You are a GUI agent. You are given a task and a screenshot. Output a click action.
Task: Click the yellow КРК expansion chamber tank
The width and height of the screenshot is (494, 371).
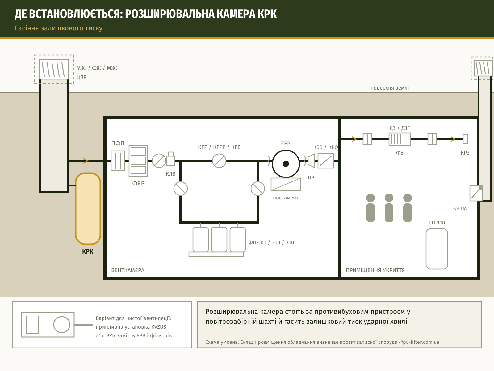pyautogui.click(x=88, y=208)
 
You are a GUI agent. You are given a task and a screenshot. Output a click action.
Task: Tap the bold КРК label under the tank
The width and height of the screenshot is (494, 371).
pyautogui.click(x=88, y=251)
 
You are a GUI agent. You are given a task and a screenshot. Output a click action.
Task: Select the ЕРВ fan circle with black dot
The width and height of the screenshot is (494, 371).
pyautogui.click(x=286, y=164)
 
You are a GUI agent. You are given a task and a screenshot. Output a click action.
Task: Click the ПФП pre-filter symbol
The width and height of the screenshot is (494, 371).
pyautogui.click(x=118, y=160)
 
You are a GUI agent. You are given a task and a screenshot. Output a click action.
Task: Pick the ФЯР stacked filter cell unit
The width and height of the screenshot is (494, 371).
pyautogui.click(x=138, y=160)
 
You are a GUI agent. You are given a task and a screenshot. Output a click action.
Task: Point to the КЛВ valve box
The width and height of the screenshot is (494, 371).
pyautogui.click(x=171, y=159)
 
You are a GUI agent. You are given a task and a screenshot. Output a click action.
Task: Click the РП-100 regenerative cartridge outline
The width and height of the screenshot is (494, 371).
pyautogui.click(x=437, y=249)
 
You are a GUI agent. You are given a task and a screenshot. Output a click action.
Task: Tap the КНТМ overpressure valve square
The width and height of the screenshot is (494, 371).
pyautogui.click(x=476, y=193)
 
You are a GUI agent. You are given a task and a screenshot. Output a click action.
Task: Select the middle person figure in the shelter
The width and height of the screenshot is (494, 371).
pyautogui.click(x=389, y=208)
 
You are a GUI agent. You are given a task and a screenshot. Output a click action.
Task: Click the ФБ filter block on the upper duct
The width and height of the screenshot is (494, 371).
pyautogui.click(x=400, y=139)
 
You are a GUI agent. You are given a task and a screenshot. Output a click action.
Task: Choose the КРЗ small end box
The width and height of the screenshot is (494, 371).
pyautogui.click(x=465, y=139)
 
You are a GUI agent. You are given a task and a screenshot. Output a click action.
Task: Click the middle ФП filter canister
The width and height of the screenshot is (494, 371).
pyautogui.click(x=219, y=239)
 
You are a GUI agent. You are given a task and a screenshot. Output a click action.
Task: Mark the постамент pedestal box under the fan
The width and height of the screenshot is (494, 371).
pyautogui.click(x=286, y=184)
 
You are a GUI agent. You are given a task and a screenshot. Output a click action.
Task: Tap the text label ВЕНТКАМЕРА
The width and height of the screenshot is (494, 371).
pyautogui.click(x=128, y=270)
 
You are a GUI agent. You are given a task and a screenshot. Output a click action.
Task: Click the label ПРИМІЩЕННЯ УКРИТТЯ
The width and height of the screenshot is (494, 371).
pyautogui.click(x=375, y=270)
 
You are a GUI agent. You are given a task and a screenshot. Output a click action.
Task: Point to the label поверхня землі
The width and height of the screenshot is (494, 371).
pyautogui.click(x=390, y=88)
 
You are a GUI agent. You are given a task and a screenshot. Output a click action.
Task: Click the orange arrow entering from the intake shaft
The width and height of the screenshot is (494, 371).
pyautogui.click(x=86, y=160)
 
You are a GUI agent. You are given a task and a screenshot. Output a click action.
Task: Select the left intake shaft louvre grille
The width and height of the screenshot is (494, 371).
pyautogui.click(x=54, y=69)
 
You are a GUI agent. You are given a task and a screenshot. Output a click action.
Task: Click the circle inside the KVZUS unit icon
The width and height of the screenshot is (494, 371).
pyautogui.click(x=62, y=325)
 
